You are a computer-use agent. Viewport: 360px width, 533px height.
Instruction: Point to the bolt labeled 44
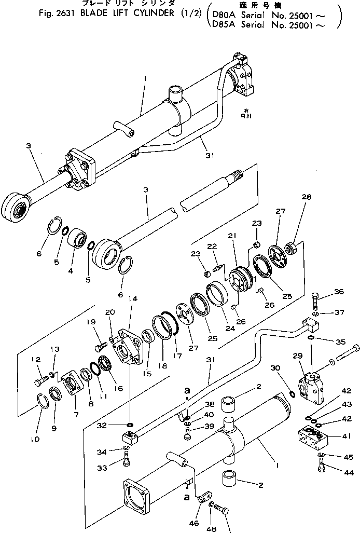pos(320,471)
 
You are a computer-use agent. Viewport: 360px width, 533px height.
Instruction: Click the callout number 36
pos(339,292)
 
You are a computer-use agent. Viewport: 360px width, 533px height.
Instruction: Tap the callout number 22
pos(212,246)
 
